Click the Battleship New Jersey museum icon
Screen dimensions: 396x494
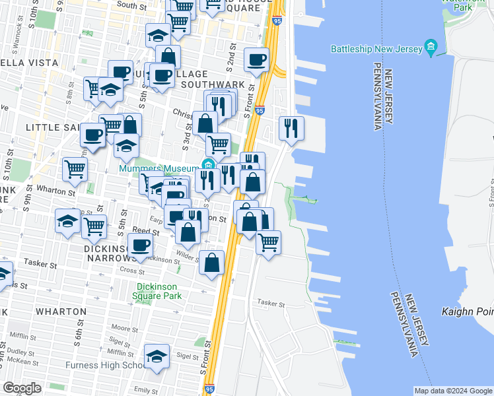[x=432, y=47]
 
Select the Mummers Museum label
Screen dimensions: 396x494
[x=159, y=168]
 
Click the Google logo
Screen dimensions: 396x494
[x=22, y=387]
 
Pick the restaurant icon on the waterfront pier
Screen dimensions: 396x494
[x=291, y=127]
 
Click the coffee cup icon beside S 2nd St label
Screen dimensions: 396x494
[x=256, y=59]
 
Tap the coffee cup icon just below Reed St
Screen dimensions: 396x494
[x=139, y=246]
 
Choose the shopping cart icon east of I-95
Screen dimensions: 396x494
[x=268, y=242]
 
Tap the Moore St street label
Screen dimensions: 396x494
[x=123, y=328]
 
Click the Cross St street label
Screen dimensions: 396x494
[x=132, y=271]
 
